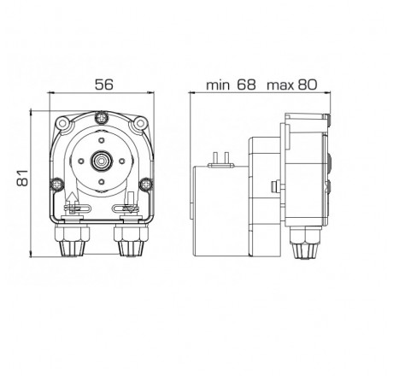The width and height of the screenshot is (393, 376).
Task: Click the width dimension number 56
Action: click(x=103, y=85)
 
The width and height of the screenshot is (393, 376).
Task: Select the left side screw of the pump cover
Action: click(x=57, y=182)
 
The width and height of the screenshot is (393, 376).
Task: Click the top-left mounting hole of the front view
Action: click(x=63, y=126)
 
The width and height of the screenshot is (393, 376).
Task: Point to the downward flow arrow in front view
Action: click(x=130, y=203)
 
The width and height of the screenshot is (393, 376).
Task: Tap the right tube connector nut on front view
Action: click(x=130, y=246)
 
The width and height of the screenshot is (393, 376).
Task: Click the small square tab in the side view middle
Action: click(x=272, y=187)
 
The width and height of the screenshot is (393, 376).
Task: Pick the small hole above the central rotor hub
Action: click(x=103, y=137)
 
